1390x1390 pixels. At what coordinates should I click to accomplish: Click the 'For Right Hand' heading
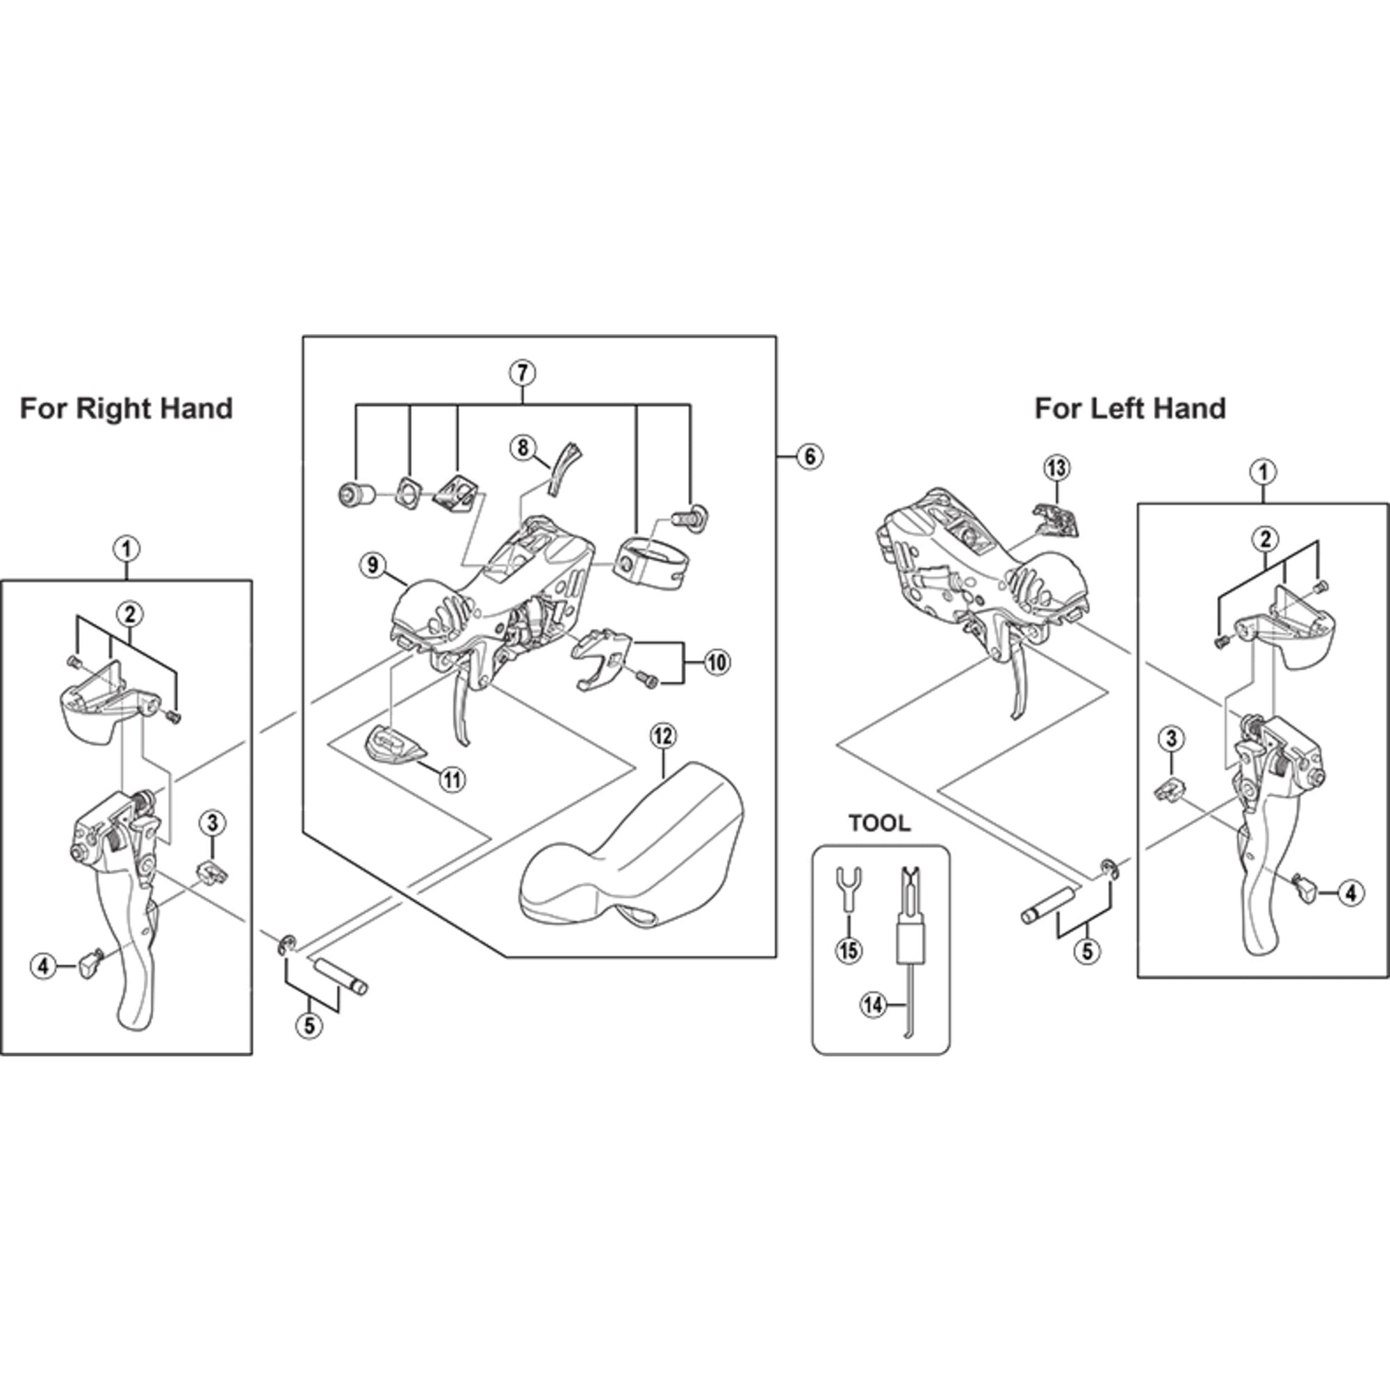[x=126, y=409]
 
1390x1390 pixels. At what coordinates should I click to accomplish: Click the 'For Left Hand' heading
[x=1129, y=409]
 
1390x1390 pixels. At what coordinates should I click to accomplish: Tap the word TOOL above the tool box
[x=879, y=824]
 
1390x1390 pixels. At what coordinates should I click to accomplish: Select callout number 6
[x=810, y=457]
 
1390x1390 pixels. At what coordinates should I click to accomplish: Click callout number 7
[x=523, y=373]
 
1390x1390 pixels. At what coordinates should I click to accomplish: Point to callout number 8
[x=523, y=449]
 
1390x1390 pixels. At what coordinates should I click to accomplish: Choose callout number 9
[x=373, y=565]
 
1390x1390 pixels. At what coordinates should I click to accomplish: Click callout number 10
[x=717, y=662]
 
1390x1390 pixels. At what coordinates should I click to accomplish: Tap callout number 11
[x=452, y=780]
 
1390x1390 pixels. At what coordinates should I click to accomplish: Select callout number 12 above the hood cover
[x=662, y=736]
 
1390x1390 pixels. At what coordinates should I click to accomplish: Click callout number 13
[x=1056, y=469]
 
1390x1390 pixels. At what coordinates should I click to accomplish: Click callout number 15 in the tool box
[x=849, y=950]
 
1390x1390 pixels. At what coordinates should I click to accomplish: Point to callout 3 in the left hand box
[x=1171, y=737]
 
